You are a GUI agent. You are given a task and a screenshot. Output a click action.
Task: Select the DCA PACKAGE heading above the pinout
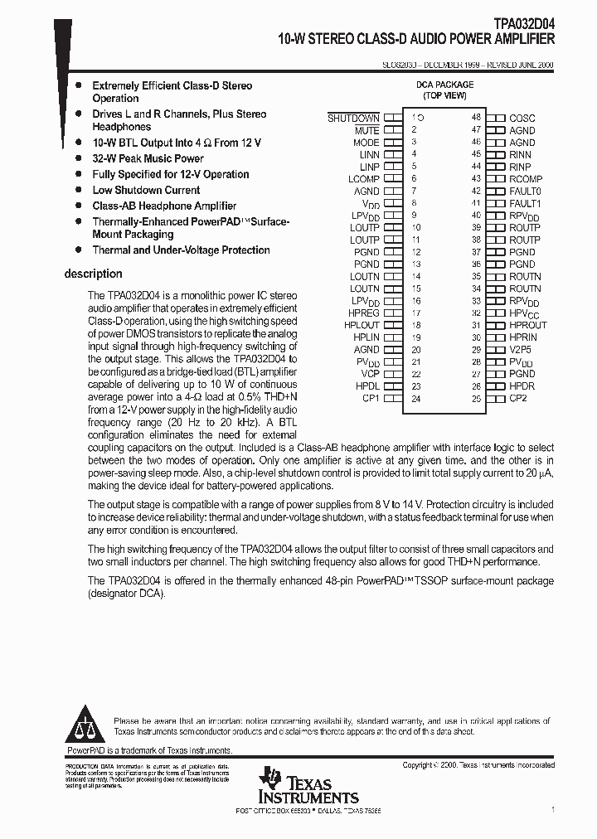pyautogui.click(x=444, y=85)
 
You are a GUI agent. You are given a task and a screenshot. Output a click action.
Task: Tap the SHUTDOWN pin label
pyautogui.click(x=353, y=119)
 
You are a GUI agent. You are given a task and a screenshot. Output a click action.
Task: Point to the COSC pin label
pyautogui.click(x=522, y=119)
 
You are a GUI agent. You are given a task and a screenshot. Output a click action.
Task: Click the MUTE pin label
pyautogui.click(x=366, y=130)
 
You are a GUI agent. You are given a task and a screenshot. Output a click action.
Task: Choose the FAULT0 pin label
pyautogui.click(x=525, y=192)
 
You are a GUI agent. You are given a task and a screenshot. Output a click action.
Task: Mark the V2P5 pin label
pyautogui.click(x=522, y=350)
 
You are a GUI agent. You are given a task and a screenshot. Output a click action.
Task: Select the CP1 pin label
pyautogui.click(x=370, y=399)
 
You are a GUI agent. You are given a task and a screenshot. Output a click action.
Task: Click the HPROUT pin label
pyautogui.click(x=527, y=326)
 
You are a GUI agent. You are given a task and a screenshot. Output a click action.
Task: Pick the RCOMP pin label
pyautogui.click(x=526, y=179)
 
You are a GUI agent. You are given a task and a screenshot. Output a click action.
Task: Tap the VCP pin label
pyautogui.click(x=369, y=374)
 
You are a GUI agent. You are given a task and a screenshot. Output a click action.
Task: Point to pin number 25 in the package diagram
pyautogui.click(x=476, y=399)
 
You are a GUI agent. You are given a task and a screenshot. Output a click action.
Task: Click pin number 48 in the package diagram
pyautogui.click(x=476, y=119)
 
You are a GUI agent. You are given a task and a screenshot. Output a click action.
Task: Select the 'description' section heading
pyautogui.click(x=93, y=274)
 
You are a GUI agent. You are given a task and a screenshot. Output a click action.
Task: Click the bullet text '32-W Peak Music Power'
pyautogui.click(x=148, y=158)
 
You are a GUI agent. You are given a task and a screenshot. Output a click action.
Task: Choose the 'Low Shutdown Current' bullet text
pyautogui.click(x=146, y=190)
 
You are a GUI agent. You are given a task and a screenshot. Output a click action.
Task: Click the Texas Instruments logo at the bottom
pyautogui.click(x=308, y=786)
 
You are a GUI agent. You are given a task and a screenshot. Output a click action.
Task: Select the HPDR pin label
pyautogui.click(x=522, y=386)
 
